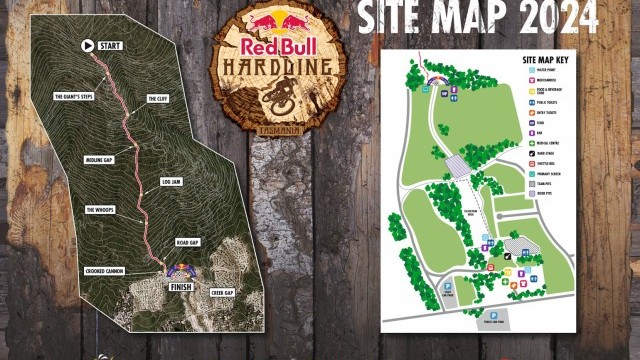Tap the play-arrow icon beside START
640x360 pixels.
(x=87, y=45)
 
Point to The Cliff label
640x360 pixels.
(x=158, y=99)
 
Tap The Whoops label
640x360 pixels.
(x=103, y=209)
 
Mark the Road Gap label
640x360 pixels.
(x=188, y=242)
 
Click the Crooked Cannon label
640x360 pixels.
(x=104, y=271)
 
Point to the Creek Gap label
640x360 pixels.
(x=222, y=291)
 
